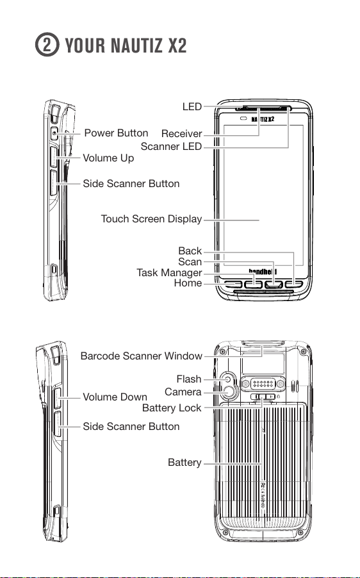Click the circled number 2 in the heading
47,45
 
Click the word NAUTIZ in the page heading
136,45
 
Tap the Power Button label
116,133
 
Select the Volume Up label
108,158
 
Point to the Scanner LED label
171,146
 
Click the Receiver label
182,133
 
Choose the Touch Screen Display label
151,219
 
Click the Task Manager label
169,272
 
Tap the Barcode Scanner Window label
142,356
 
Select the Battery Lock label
172,408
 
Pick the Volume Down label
115,397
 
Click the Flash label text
189,379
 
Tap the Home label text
188,283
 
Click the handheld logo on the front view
263,272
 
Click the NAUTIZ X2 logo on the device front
263,119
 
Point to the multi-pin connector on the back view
263,384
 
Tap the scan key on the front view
274,285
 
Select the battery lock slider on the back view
263,397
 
